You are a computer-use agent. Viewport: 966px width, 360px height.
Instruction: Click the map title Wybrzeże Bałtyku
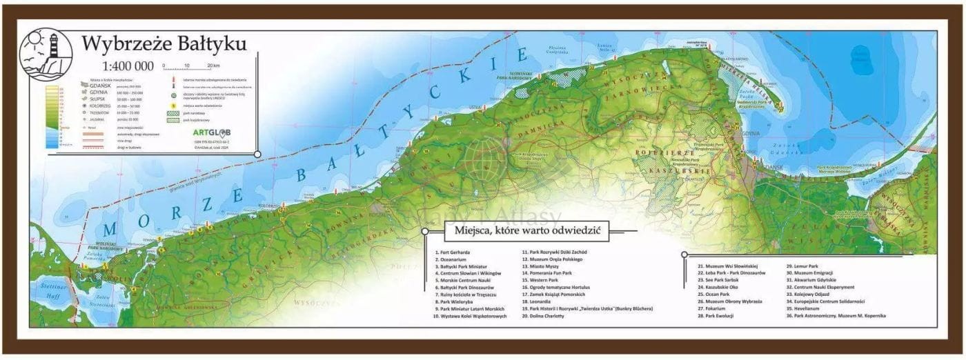tap(164, 44)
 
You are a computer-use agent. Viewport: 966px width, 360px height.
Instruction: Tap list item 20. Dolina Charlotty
tap(543, 316)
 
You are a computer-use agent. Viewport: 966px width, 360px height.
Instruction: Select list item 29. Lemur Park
tap(802, 266)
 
